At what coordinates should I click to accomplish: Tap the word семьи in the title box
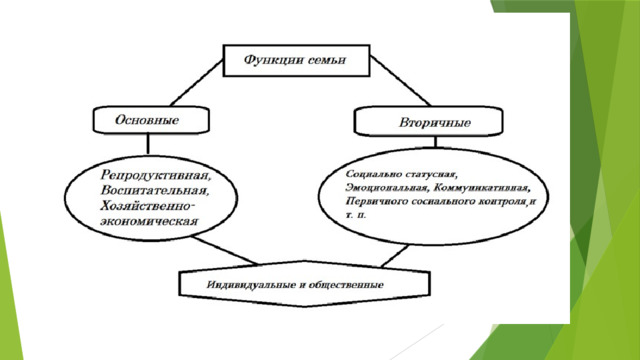pos(327,60)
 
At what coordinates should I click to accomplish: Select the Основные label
pos(147,120)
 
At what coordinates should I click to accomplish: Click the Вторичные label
pos(435,122)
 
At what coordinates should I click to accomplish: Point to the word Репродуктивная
pos(156,176)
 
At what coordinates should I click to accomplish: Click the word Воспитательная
pos(155,191)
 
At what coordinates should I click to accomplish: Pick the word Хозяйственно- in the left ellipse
pos(148,205)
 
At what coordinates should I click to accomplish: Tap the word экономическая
pos(149,221)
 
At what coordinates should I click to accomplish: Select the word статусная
pos(431,174)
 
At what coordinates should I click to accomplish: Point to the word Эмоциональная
pos(387,188)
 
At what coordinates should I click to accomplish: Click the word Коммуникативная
pos(482,188)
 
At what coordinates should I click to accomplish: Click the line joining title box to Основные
pos(197,83)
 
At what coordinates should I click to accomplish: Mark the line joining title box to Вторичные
pos(400,81)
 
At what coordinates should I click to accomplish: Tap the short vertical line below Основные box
pos(148,144)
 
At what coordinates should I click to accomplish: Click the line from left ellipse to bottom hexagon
pos(225,250)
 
